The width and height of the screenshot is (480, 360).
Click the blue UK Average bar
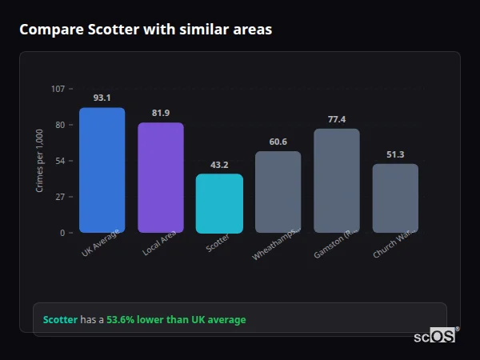(x=102, y=170)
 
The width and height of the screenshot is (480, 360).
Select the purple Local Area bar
(x=160, y=178)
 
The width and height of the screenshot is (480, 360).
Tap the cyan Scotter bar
(x=219, y=203)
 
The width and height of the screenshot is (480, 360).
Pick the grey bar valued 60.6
(x=278, y=192)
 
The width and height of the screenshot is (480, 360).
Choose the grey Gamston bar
(x=337, y=181)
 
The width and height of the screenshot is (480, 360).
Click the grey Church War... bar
(x=395, y=198)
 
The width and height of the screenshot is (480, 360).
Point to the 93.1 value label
(x=102, y=98)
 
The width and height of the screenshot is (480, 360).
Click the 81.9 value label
(x=160, y=113)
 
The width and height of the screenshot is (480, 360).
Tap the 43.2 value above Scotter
(x=219, y=165)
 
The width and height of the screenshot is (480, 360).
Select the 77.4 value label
(x=337, y=119)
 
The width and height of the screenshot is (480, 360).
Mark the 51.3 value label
(x=395, y=154)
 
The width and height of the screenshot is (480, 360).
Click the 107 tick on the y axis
(x=58, y=89)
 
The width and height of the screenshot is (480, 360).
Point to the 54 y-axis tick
(x=60, y=161)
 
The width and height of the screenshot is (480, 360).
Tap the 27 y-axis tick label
(x=60, y=197)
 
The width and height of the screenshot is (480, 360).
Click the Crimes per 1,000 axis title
(x=40, y=161)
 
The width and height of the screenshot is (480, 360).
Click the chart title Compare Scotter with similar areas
(x=146, y=30)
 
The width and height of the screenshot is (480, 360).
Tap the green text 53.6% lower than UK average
(x=176, y=320)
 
